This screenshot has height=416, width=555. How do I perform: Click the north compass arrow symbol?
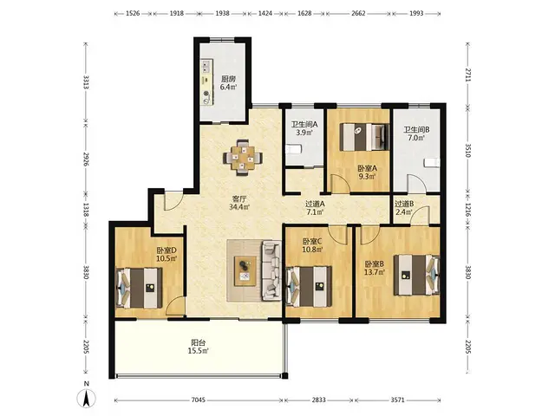tap(86, 399)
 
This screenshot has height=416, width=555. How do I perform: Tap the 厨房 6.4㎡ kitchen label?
tap(228, 83)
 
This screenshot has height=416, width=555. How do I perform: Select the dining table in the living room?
tap(243, 158)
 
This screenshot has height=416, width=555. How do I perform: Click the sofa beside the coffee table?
tap(271, 270)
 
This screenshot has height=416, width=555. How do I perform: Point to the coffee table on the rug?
tap(245, 270)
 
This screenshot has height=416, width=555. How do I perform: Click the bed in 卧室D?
tap(139, 288)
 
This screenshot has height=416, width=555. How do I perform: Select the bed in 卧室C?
tap(309, 287)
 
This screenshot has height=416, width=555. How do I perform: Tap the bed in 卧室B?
tap(416, 275)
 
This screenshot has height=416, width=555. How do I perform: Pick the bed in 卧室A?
tap(364, 137)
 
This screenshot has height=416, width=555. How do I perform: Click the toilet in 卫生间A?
tap(294, 150)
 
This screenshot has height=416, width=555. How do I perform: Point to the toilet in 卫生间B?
tap(432, 163)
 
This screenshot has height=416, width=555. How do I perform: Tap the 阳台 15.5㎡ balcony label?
tap(199, 347)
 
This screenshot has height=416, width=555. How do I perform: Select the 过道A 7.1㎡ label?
tap(315, 208)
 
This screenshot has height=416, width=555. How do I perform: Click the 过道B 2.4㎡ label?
tap(404, 208)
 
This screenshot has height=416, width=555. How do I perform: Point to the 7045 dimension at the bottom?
tap(199, 400)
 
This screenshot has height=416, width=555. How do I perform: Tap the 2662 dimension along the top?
tap(359, 14)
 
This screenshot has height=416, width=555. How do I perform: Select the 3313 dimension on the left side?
tap(86, 82)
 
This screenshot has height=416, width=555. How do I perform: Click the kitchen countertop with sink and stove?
tap(206, 82)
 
